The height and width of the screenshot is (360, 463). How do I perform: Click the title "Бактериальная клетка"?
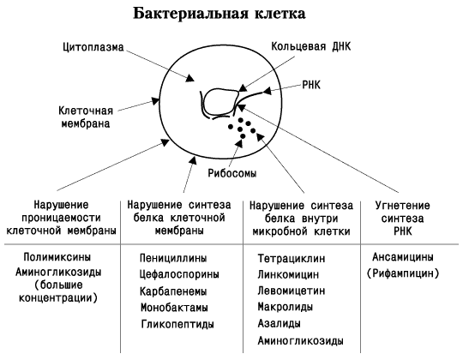(219, 13)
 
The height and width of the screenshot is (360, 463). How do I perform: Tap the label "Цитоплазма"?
(93, 47)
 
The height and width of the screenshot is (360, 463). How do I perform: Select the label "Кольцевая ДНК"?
(311, 46)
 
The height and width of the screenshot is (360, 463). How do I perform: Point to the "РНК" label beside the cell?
(311, 85)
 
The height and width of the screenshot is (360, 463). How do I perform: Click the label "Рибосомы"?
(231, 173)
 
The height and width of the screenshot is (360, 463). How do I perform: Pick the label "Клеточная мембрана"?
(86, 117)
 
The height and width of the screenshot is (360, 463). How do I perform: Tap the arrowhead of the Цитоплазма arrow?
(189, 78)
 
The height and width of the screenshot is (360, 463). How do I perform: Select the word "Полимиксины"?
(57, 257)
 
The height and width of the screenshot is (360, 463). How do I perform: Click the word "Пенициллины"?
(173, 258)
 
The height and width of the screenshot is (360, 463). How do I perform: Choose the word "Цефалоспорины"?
(179, 274)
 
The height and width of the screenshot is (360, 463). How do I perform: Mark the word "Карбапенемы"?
(173, 291)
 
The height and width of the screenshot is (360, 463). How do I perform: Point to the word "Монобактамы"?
(174, 308)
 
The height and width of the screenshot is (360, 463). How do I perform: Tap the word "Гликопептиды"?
(177, 324)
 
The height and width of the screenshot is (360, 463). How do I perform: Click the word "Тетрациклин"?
(292, 259)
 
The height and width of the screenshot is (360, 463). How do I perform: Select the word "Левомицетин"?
(292, 291)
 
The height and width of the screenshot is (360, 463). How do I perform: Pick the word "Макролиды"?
(286, 307)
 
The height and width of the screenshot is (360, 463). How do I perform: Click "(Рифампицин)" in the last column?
(403, 273)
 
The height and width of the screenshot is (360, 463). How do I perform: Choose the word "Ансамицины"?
(403, 257)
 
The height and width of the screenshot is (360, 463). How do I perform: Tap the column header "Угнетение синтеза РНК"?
(403, 219)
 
